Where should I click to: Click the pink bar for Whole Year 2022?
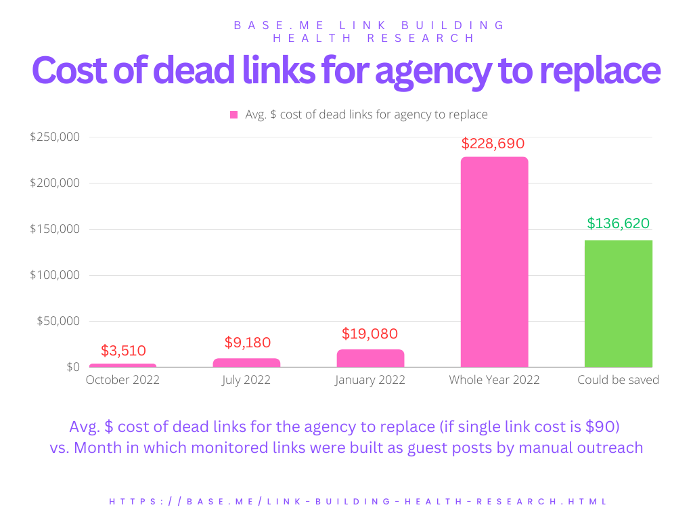coord(494,262)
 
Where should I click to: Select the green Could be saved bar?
coord(618,303)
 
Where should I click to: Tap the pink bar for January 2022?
coord(370,358)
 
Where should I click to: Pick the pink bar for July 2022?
coord(246,362)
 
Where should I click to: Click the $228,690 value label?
coord(493,144)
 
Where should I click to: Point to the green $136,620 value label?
coord(619,223)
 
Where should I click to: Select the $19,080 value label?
coord(370,334)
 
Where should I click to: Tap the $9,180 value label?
coord(247,343)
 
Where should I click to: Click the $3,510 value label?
coord(123,351)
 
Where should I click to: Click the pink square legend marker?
coord(233,115)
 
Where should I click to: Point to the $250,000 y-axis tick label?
coord(55,137)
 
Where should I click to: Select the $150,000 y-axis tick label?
coord(55,229)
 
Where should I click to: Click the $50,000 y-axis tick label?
coord(58,321)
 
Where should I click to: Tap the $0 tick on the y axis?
coord(72,367)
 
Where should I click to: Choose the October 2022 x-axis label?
coord(122,380)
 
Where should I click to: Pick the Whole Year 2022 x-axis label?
coord(494,380)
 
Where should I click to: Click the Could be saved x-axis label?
coord(618,380)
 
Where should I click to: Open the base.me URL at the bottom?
coord(358,502)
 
